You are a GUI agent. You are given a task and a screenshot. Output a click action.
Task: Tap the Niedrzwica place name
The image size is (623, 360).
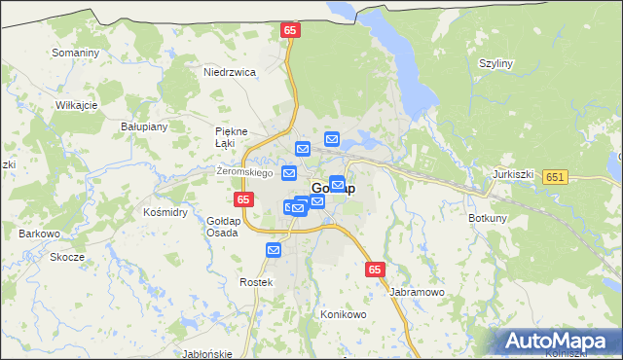tap(230, 72)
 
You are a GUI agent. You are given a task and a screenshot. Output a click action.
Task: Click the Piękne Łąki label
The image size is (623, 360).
tap(232, 137)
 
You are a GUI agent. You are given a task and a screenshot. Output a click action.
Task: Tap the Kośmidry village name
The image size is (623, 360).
tap(165, 211)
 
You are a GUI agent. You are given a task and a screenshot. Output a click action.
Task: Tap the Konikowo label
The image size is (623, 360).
tap(343, 315)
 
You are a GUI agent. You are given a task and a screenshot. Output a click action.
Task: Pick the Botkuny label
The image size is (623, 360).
tap(487, 218)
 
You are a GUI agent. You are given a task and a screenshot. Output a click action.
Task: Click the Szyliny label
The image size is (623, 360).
tap(495, 63)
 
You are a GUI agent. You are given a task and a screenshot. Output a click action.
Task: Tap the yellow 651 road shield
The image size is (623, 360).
tap(556, 176)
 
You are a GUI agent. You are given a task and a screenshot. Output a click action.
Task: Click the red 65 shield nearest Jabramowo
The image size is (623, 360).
tap(377, 270)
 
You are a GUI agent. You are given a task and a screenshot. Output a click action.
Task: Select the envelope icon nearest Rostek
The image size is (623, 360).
tap(274, 250)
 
